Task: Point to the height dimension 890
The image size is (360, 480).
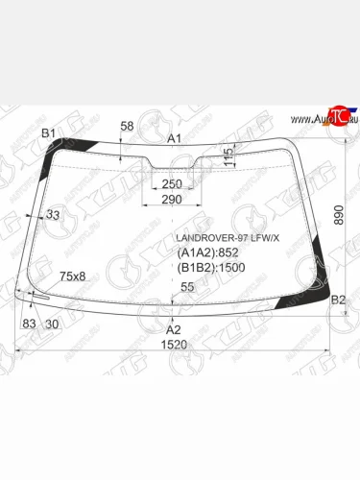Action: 337,214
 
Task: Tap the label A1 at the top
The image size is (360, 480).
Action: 175,139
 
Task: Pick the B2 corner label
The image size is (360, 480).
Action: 337,300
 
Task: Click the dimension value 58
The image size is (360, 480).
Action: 127,127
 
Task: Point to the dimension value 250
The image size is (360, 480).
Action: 172,183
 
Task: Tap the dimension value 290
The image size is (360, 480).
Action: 172,199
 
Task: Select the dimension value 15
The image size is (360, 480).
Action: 228,156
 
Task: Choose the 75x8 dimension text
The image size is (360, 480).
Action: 72,276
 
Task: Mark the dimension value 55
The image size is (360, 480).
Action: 187,287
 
